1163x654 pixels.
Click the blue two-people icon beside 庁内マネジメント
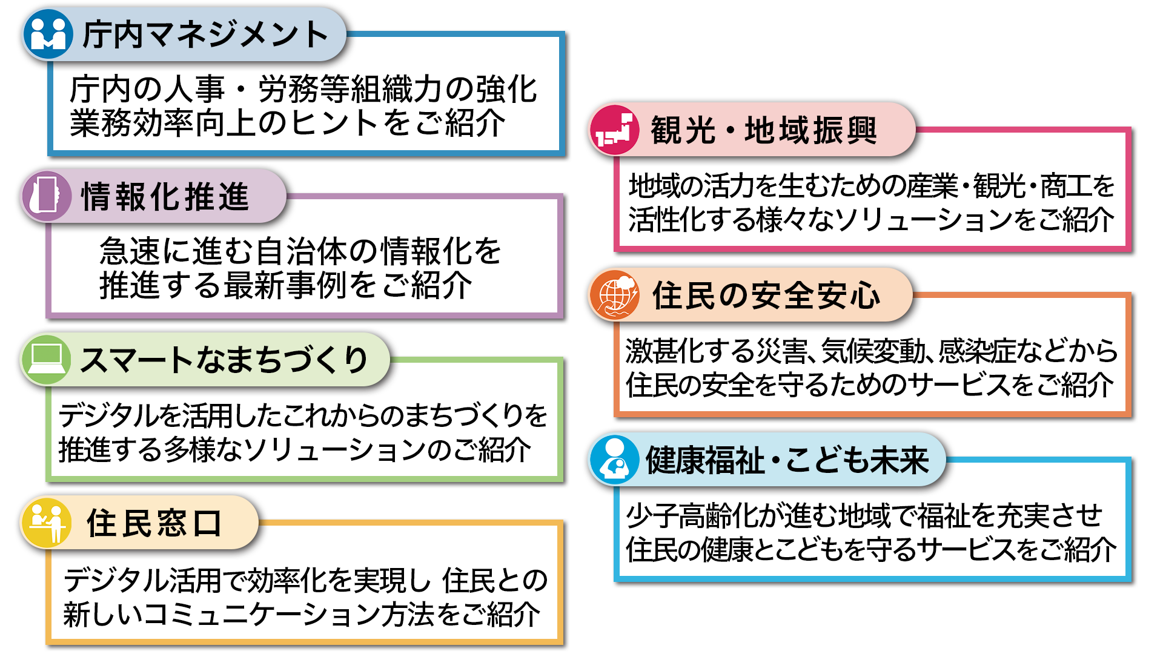tap(48, 34)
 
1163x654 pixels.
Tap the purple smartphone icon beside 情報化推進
tap(46, 196)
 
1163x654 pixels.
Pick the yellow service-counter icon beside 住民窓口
tap(47, 523)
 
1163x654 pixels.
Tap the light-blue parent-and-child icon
tap(614, 460)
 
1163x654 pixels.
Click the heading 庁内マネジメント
tap(205, 35)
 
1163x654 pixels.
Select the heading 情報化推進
tap(165, 197)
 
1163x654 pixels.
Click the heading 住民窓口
tap(154, 523)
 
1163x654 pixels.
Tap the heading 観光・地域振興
tap(764, 131)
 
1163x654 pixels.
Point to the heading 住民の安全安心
tap(766, 296)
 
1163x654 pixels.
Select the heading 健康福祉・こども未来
tap(787, 460)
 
